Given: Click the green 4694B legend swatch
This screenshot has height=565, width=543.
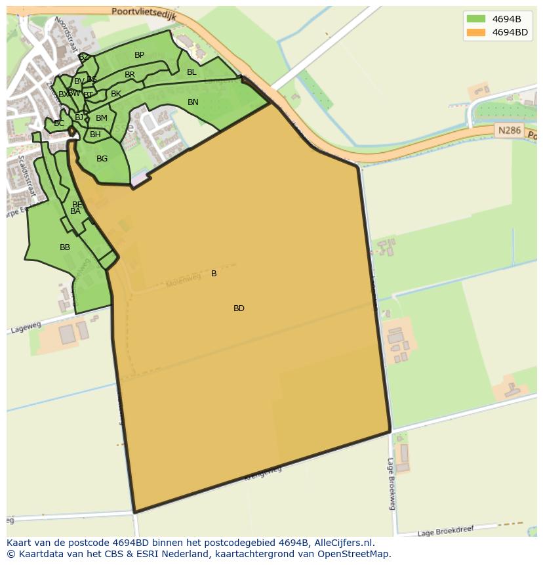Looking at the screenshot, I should click(476, 18).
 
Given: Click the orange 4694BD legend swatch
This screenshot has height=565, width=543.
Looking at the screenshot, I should click(476, 32).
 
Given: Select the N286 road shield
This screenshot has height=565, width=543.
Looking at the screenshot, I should click(509, 131).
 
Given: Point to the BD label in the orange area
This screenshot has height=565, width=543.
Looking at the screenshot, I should click(239, 308).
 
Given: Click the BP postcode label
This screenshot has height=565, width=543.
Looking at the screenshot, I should click(139, 55).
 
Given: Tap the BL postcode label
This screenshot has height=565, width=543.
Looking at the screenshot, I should click(191, 72).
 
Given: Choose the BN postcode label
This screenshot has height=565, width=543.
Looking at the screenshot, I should click(193, 102).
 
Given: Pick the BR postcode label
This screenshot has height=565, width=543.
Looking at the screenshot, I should click(130, 75).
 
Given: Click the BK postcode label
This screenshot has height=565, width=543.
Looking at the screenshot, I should click(116, 94).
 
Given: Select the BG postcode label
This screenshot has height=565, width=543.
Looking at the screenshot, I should click(102, 159).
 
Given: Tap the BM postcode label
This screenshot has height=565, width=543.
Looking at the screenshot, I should click(101, 118).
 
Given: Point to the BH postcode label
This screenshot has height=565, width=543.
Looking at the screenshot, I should click(95, 135).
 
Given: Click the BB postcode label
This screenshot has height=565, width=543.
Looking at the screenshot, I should click(65, 247).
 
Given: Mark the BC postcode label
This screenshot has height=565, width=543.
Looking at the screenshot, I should click(59, 123).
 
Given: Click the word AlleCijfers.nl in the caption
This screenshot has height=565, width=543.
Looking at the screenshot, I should click(344, 543).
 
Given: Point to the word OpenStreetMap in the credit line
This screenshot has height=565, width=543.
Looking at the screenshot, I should click(355, 554).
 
